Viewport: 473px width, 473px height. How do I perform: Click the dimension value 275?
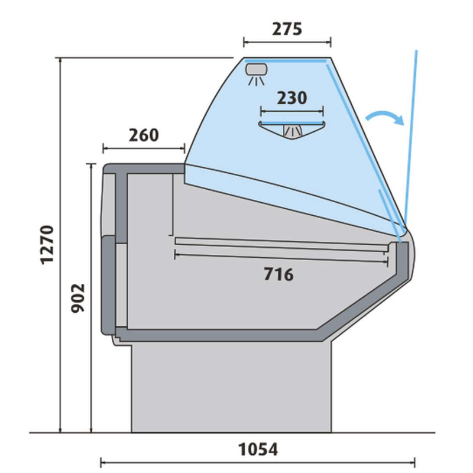[287, 29]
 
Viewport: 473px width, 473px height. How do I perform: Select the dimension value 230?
[292, 98]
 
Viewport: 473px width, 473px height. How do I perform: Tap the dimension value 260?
[144, 135]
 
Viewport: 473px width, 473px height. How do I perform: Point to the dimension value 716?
[278, 274]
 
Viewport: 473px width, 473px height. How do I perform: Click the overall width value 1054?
[258, 449]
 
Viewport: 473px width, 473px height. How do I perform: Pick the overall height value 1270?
[47, 245]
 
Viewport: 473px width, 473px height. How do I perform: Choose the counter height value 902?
[78, 298]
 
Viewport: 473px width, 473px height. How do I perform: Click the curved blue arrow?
[385, 116]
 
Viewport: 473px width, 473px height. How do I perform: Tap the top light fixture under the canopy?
[257, 73]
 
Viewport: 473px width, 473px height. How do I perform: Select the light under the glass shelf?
[292, 131]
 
